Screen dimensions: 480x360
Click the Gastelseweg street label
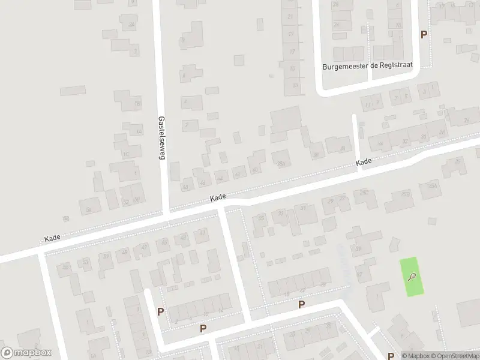click(161, 137)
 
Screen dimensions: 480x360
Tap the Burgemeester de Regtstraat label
click(367, 67)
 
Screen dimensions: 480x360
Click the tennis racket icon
click(412, 277)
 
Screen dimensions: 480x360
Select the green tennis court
click(412, 277)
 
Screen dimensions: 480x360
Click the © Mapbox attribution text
click(416, 356)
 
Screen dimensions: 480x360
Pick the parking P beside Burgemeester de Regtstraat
click(424, 35)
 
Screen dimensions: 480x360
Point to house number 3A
click(131, 25)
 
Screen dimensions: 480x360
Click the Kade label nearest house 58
click(53, 238)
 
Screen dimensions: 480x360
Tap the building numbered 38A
click(280, 162)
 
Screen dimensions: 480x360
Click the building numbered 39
click(359, 249)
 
